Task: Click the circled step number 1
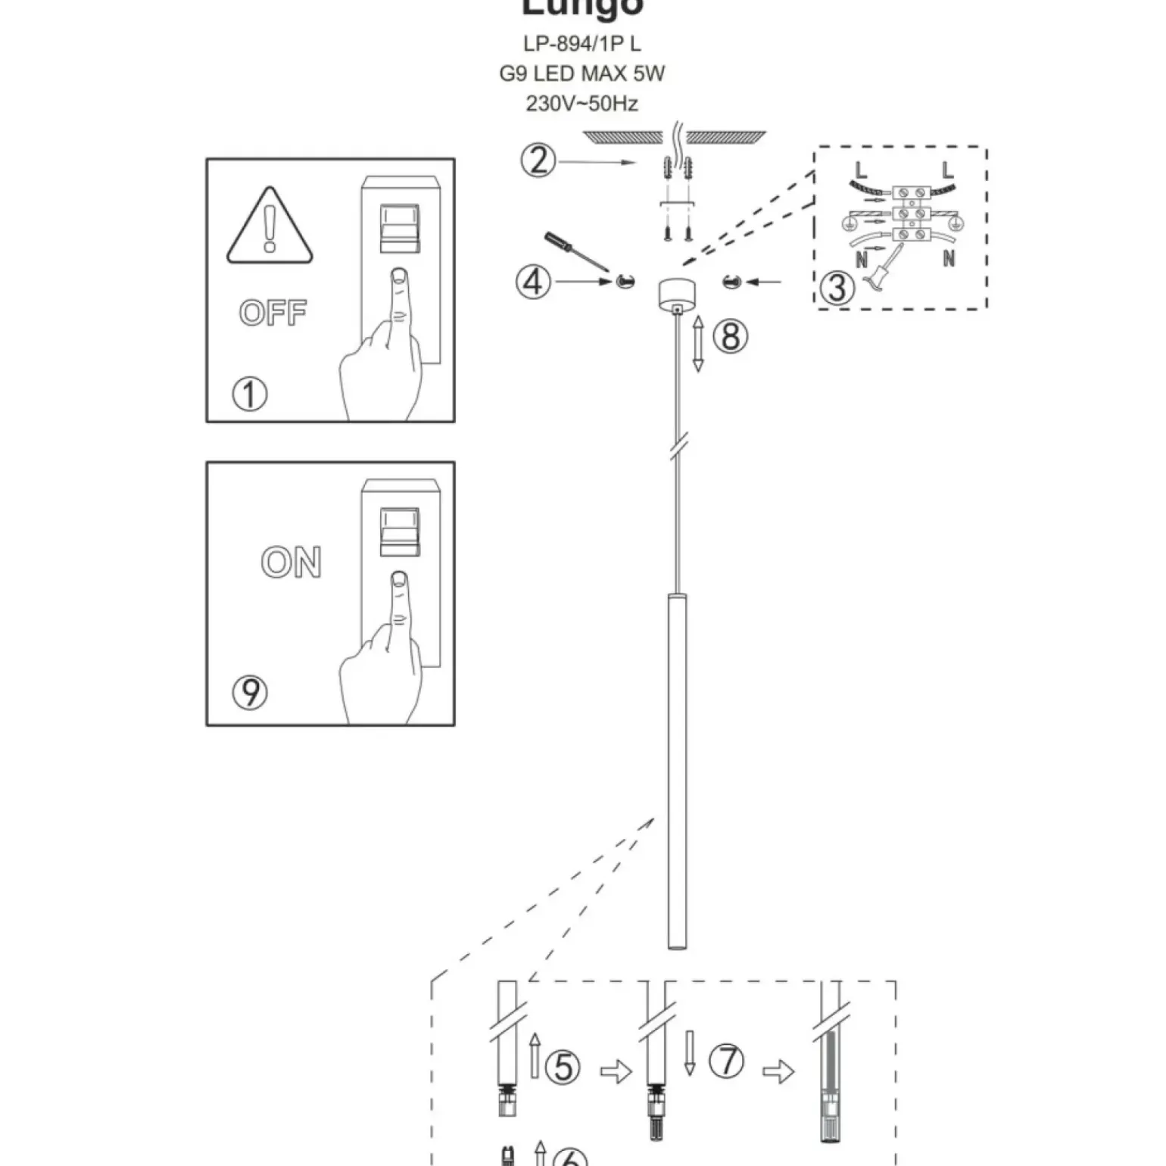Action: (250, 394)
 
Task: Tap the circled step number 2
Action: (538, 161)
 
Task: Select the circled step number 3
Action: (837, 288)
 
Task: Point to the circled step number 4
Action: (534, 282)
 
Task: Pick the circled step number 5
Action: (563, 1066)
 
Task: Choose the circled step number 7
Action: (727, 1060)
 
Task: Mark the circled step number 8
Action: (731, 335)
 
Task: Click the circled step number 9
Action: (250, 692)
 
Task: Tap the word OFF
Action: (273, 312)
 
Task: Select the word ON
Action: (291, 563)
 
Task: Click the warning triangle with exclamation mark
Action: (270, 227)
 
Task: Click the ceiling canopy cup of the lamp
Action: (677, 294)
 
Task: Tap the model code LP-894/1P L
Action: (582, 44)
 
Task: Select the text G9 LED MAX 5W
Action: (582, 73)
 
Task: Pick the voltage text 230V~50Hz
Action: (582, 103)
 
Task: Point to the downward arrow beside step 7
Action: (689, 1052)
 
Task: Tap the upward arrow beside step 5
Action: (535, 1055)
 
